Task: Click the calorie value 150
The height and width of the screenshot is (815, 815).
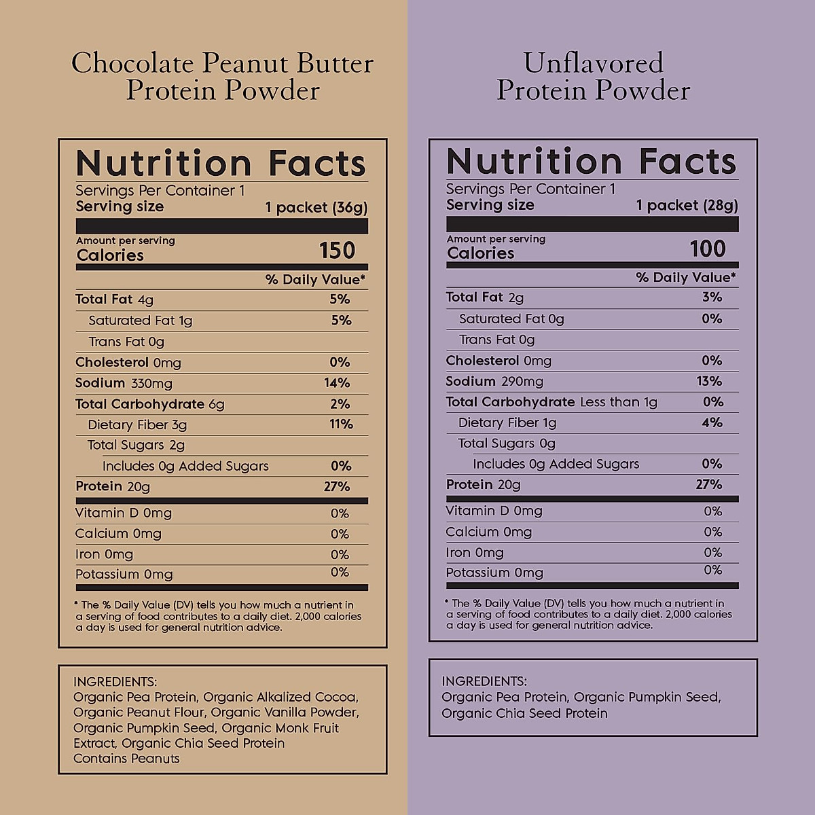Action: click(x=338, y=251)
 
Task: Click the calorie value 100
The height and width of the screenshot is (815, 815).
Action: click(x=708, y=249)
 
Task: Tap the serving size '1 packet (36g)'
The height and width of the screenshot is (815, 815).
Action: click(x=316, y=207)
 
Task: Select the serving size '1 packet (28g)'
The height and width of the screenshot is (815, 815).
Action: click(x=687, y=205)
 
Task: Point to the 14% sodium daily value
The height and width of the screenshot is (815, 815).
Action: click(x=337, y=383)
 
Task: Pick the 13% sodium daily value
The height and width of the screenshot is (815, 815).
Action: click(x=709, y=381)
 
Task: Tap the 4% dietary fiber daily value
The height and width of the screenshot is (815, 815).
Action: click(x=712, y=422)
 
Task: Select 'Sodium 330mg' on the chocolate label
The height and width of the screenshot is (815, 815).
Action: click(x=124, y=383)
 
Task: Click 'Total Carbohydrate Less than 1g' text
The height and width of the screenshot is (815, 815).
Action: click(x=551, y=402)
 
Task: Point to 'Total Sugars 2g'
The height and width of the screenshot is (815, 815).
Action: click(x=136, y=446)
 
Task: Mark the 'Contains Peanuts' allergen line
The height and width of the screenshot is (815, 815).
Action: click(x=126, y=759)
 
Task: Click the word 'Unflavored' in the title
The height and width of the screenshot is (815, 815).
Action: click(x=593, y=63)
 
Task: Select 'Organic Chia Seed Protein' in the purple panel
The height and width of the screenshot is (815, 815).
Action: click(x=524, y=713)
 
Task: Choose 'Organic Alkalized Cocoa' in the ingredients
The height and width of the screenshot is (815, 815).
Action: click(x=280, y=697)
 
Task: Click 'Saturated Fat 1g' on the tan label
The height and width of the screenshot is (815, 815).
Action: click(x=141, y=321)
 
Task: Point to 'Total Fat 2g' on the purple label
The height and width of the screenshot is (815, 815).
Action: click(x=484, y=297)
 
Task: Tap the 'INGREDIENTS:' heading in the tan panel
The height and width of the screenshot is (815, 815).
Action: click(x=115, y=681)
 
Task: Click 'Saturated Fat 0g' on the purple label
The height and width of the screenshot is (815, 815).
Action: click(x=511, y=319)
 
